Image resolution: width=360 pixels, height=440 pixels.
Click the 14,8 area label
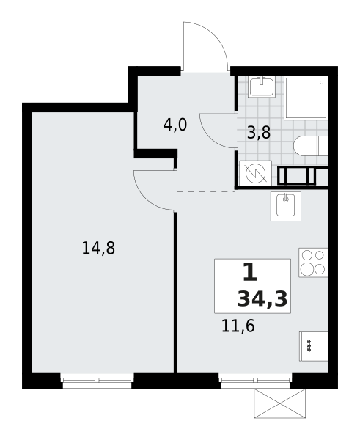click(x=98, y=249)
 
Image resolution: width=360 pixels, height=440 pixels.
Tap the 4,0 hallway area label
click(x=175, y=125)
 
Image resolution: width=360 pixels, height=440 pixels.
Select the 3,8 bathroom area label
click(x=259, y=133)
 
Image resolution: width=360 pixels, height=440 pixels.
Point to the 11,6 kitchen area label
click(x=238, y=326)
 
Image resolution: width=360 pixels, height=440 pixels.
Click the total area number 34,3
click(x=262, y=298)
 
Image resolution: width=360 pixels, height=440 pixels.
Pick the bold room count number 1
click(x=249, y=273)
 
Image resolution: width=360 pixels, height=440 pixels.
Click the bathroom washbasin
click(x=261, y=87)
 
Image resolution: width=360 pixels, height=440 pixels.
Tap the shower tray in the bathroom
click(x=306, y=98)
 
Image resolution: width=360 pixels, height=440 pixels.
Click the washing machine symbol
click(x=255, y=173)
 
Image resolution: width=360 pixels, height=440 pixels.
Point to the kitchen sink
click(x=285, y=205)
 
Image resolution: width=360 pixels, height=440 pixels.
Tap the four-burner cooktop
click(x=313, y=263)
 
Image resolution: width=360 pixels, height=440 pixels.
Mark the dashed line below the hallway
click(x=205, y=191)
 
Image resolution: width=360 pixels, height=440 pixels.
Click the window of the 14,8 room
click(x=97, y=373)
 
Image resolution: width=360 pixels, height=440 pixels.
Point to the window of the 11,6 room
click(x=254, y=373)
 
